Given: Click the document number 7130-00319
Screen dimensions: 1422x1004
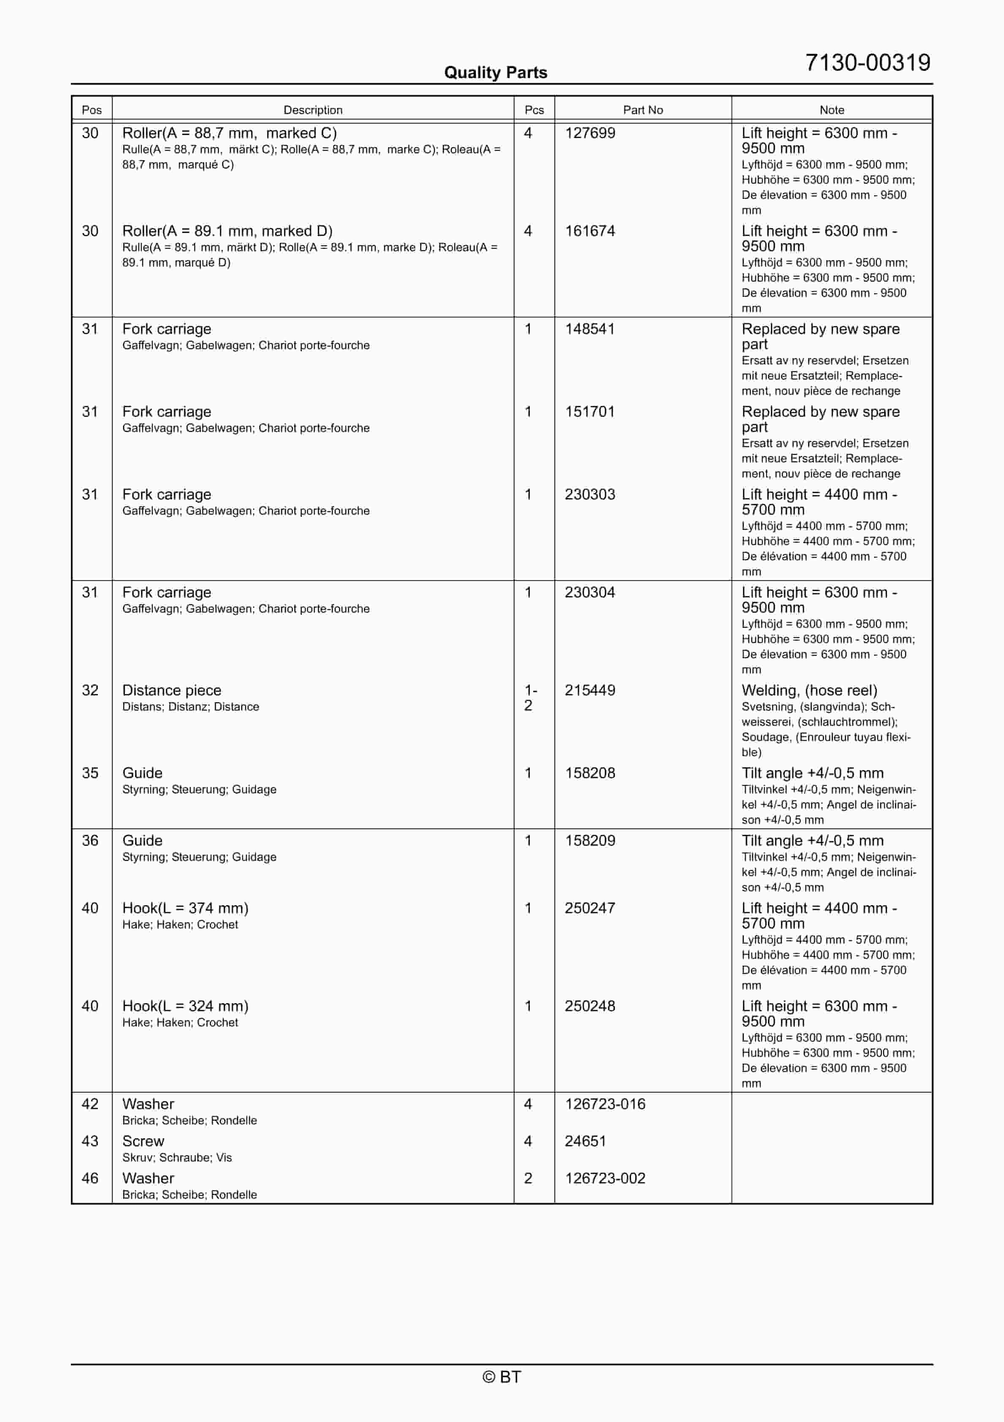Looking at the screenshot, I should pyautogui.click(x=867, y=62).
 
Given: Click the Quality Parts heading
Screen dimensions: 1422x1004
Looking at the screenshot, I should pyautogui.click(x=495, y=73).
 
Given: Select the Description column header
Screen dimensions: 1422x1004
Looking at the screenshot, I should pyautogui.click(x=313, y=110).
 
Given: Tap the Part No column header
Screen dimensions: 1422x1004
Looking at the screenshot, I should pyautogui.click(x=642, y=110).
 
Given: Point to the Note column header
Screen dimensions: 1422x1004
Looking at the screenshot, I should pyautogui.click(x=831, y=110).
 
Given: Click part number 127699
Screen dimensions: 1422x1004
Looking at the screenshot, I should pyautogui.click(x=589, y=133).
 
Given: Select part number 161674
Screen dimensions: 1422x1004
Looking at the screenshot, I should pyautogui.click(x=589, y=231).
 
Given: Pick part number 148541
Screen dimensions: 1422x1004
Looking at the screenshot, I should pyautogui.click(x=589, y=329).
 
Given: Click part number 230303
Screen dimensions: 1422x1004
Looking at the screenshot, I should pyautogui.click(x=589, y=494).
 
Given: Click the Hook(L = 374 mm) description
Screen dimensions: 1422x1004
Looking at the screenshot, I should pyautogui.click(x=185, y=908).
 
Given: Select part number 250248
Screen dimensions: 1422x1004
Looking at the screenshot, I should pyautogui.click(x=589, y=1006).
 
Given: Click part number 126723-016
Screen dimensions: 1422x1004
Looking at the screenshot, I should pyautogui.click(x=605, y=1104).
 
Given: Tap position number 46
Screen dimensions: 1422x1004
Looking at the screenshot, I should pyautogui.click(x=90, y=1178).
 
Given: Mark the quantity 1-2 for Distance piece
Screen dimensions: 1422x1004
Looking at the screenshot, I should pyautogui.click(x=530, y=697).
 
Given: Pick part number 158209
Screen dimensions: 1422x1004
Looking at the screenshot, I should pyautogui.click(x=589, y=841).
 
